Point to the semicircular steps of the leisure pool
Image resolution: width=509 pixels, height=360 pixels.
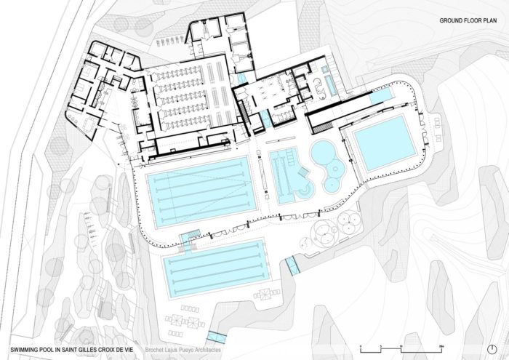coord(304,192)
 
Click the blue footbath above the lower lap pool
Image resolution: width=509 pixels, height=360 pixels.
coord(190,234)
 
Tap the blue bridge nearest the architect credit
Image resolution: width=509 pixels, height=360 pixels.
coord(215,335)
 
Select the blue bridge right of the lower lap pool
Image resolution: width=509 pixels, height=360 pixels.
coord(292,265)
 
